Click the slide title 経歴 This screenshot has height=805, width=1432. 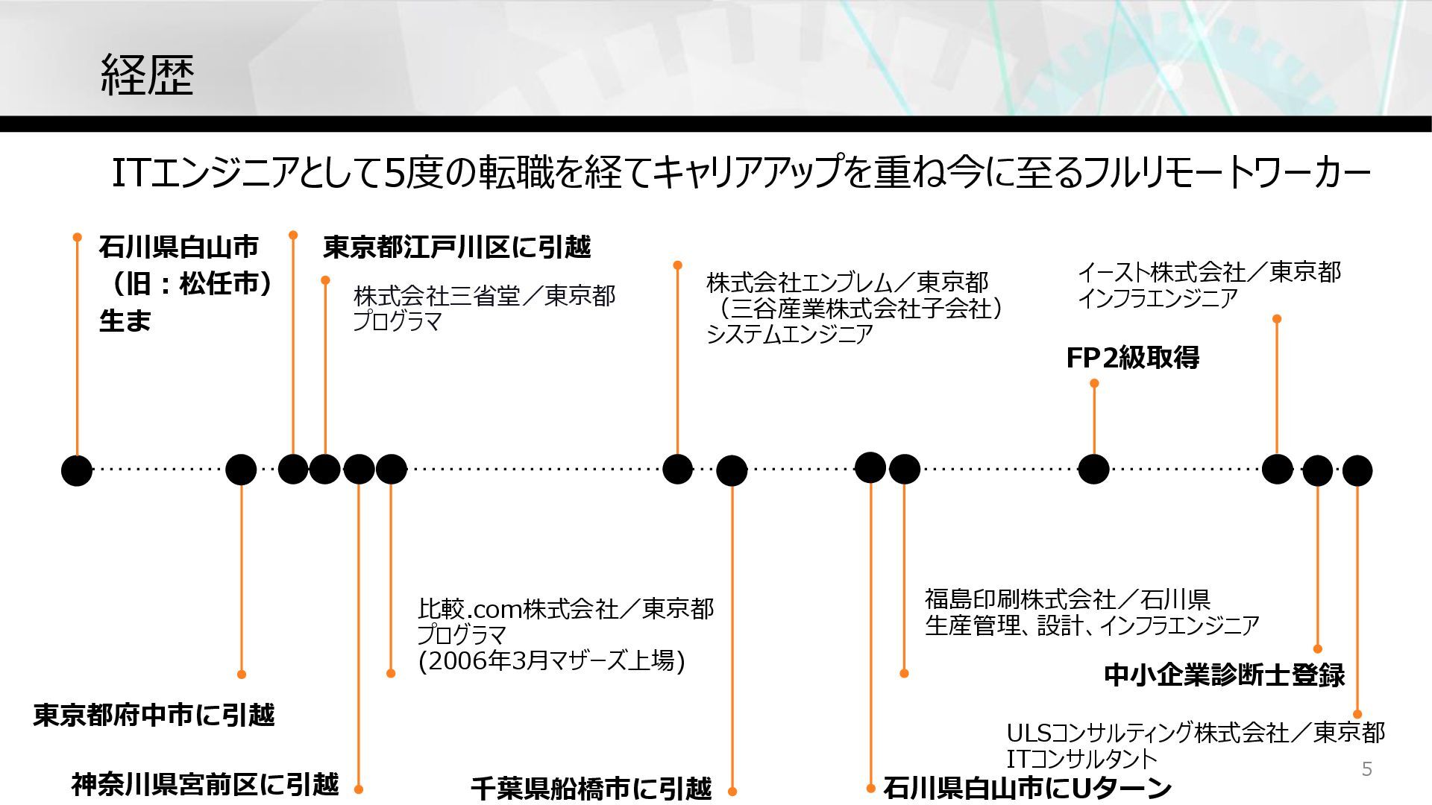pyautogui.click(x=147, y=75)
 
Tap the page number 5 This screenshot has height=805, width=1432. pyautogui.click(x=1366, y=769)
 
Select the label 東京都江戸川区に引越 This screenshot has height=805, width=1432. pyautogui.click(x=456, y=247)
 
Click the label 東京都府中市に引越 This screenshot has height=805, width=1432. pyautogui.click(x=154, y=715)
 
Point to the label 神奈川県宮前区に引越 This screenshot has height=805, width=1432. pyautogui.click(x=205, y=784)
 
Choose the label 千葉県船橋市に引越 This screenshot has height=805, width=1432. pyautogui.click(x=591, y=788)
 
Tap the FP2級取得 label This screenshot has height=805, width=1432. pyautogui.click(x=1132, y=358)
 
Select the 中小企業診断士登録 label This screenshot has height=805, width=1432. pyautogui.click(x=1224, y=675)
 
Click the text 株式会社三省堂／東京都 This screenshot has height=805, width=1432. pyautogui.click(x=484, y=296)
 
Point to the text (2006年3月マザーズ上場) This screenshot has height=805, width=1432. pyautogui.click(x=551, y=660)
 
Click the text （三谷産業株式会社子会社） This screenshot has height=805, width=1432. pyautogui.click(x=855, y=308)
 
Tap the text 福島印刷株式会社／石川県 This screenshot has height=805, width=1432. pyautogui.click(x=1067, y=599)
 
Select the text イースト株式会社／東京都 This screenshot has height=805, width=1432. pyautogui.click(x=1208, y=272)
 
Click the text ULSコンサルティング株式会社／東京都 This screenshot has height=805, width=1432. pyautogui.click(x=1196, y=733)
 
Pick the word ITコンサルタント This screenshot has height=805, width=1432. pyautogui.click(x=1081, y=759)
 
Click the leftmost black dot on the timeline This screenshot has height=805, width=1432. pyautogui.click(x=77, y=470)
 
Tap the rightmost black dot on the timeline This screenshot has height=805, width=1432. pyautogui.click(x=1357, y=471)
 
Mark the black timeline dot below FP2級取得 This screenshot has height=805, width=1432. pyautogui.click(x=1093, y=470)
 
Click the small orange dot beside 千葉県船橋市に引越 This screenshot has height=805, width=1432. pyautogui.click(x=732, y=792)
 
